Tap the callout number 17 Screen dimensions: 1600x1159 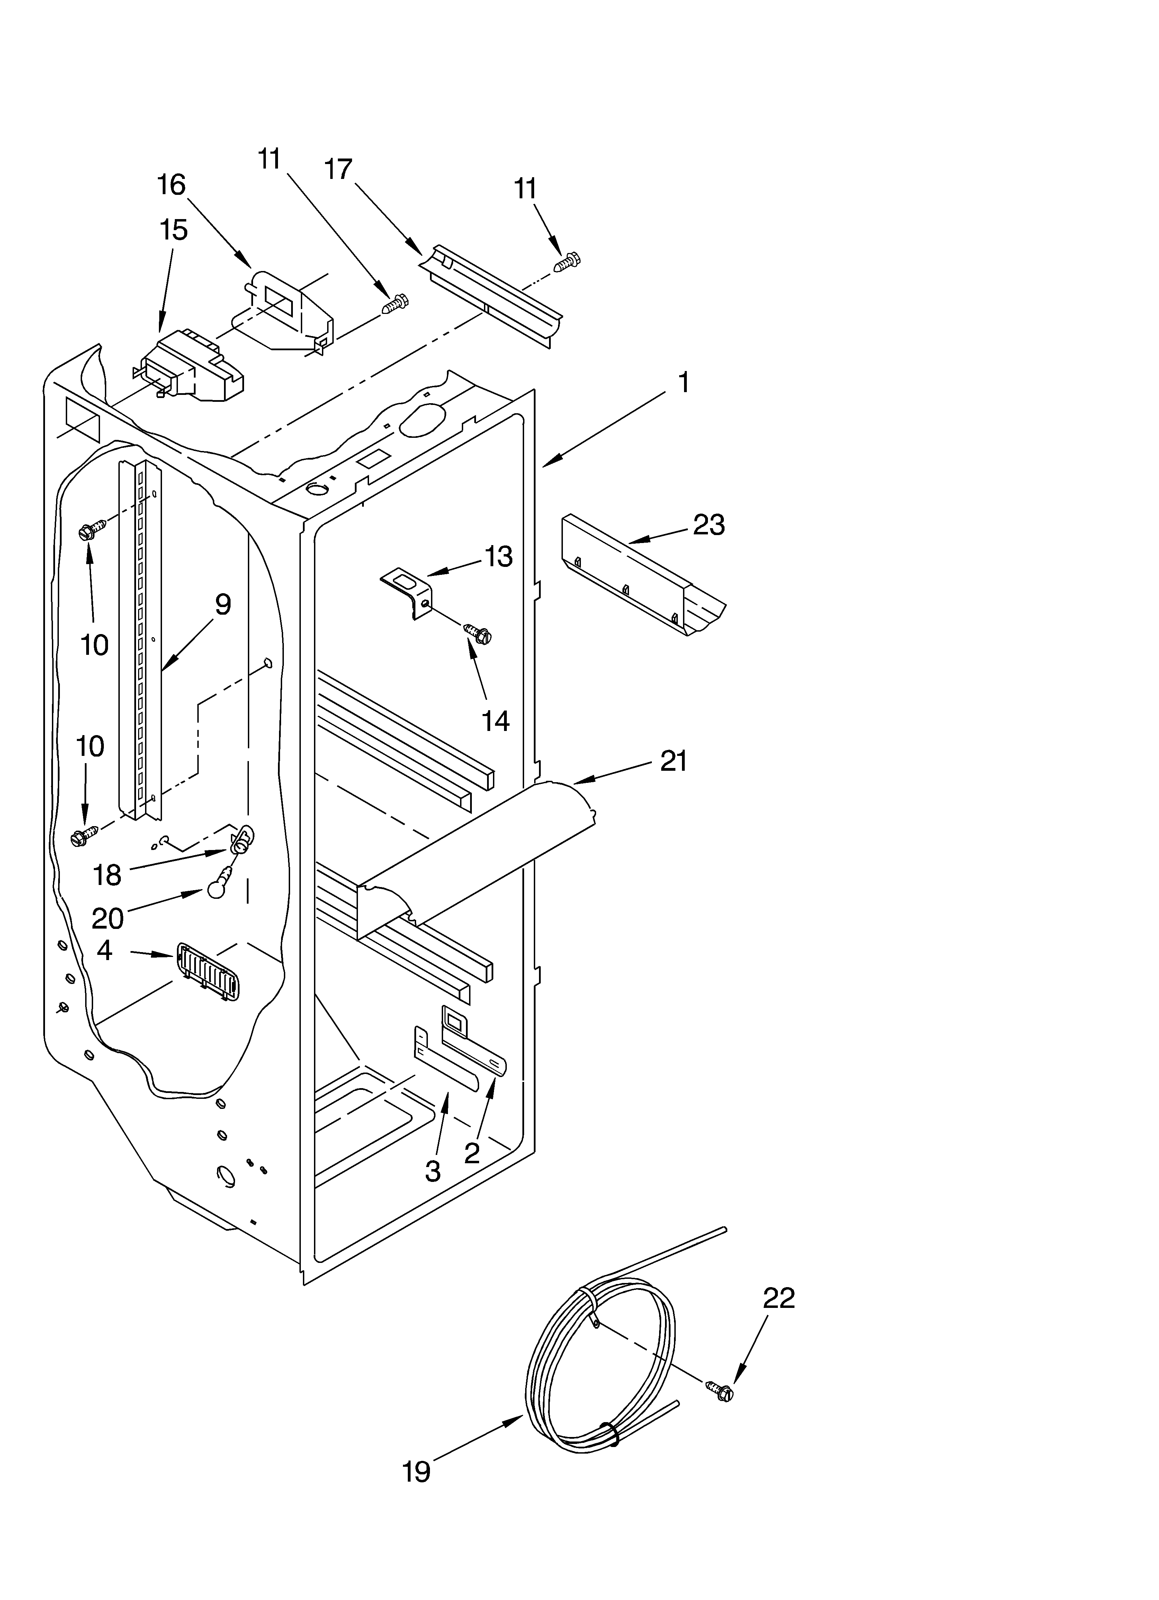[x=338, y=170]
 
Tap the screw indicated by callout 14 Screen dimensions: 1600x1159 [x=478, y=633]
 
